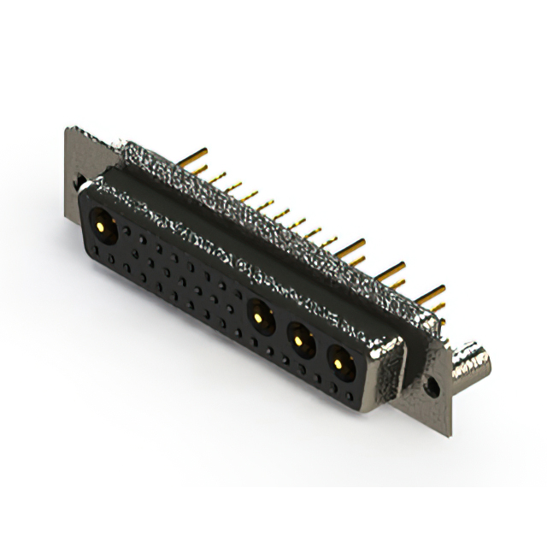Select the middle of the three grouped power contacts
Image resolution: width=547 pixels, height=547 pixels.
[x=299, y=340]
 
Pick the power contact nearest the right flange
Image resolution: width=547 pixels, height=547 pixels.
[x=340, y=366]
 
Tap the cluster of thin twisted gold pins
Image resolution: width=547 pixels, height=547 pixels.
[x=273, y=205]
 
